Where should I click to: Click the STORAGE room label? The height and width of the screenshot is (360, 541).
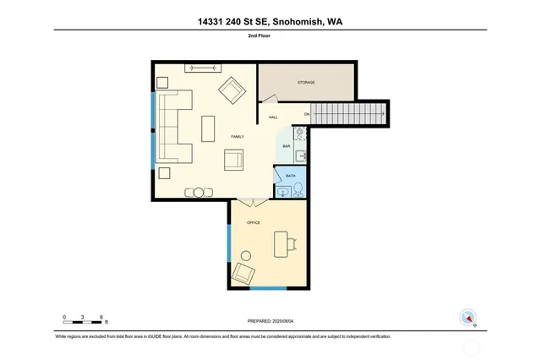click(306, 83)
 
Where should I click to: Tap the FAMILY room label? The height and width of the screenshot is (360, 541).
click(238, 137)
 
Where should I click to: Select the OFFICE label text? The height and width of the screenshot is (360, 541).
click(253, 222)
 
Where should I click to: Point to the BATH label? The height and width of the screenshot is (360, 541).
click(291, 176)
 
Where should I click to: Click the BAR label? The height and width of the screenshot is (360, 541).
click(287, 147)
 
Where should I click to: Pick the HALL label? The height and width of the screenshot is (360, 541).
click(273, 117)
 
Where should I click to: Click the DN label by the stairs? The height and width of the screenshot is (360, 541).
click(308, 112)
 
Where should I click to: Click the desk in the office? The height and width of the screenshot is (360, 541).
click(285, 244)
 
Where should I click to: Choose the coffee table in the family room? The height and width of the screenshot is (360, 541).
click(209, 128)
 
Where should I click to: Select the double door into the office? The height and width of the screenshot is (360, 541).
click(249, 201)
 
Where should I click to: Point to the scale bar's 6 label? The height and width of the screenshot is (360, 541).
click(101, 317)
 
